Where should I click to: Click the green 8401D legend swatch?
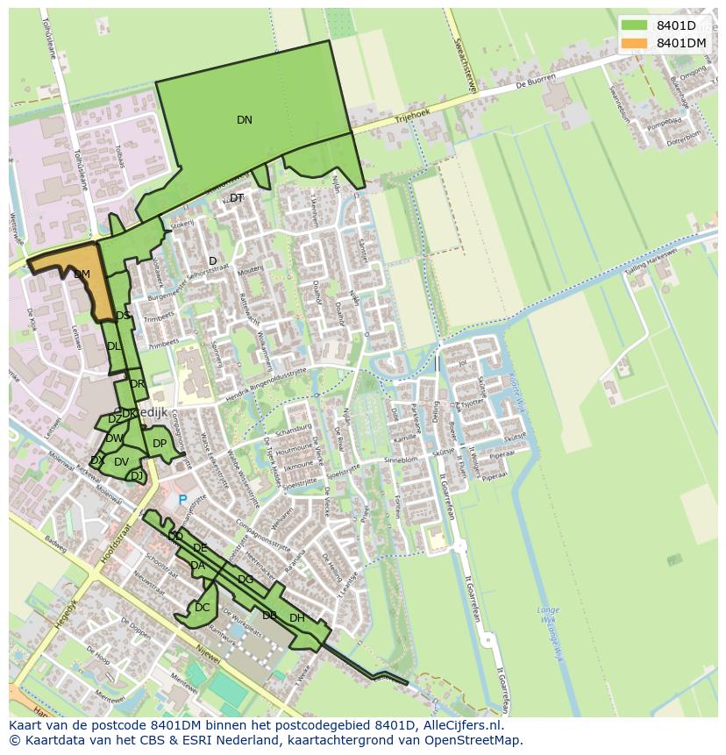(635, 25)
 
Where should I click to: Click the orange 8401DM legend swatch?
(635, 43)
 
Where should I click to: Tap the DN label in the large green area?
(245, 120)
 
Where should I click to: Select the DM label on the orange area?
(82, 274)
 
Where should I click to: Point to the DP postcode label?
(160, 444)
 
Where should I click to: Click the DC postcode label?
(203, 608)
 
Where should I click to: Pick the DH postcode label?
(297, 618)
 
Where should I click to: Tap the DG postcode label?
(246, 580)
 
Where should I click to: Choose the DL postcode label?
(114, 346)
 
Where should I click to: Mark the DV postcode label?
(121, 462)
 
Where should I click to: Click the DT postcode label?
(237, 198)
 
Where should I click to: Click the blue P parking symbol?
(183, 500)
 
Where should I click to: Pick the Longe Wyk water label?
(548, 616)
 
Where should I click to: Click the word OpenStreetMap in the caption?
(473, 740)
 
